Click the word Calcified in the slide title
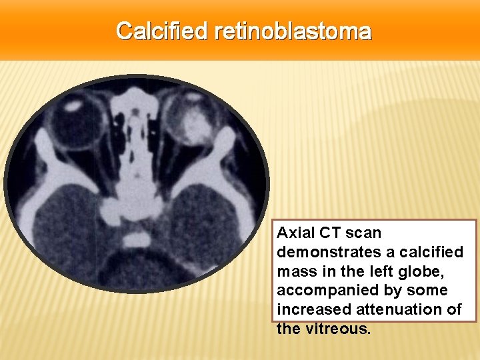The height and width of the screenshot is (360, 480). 163,31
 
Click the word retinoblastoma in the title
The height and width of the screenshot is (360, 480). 293,31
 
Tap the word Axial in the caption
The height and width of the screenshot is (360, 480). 295,233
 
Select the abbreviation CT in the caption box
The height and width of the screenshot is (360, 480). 331,233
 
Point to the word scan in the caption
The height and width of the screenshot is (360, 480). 364,233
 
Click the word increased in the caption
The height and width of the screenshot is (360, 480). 308,309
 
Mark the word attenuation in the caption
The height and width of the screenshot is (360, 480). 393,309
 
